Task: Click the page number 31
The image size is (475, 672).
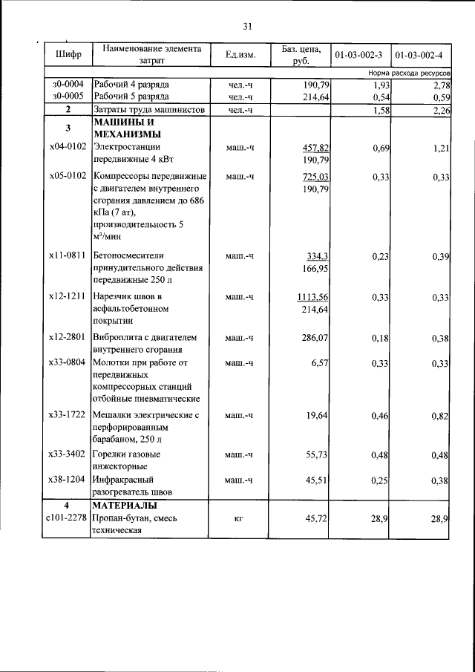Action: click(x=248, y=27)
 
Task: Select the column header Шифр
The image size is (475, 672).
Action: click(x=68, y=55)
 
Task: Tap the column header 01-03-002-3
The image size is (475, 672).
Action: click(x=358, y=55)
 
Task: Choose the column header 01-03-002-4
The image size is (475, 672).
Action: click(x=419, y=55)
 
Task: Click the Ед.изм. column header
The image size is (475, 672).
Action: click(x=240, y=54)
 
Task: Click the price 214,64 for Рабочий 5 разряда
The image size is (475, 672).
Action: click(x=314, y=97)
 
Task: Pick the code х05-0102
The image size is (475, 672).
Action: click(x=68, y=176)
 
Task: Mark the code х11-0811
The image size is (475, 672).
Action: click(x=68, y=255)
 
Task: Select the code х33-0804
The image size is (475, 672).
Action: click(x=68, y=362)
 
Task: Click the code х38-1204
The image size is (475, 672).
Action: click(x=68, y=480)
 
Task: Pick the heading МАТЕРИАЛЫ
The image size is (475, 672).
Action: click(x=122, y=506)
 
